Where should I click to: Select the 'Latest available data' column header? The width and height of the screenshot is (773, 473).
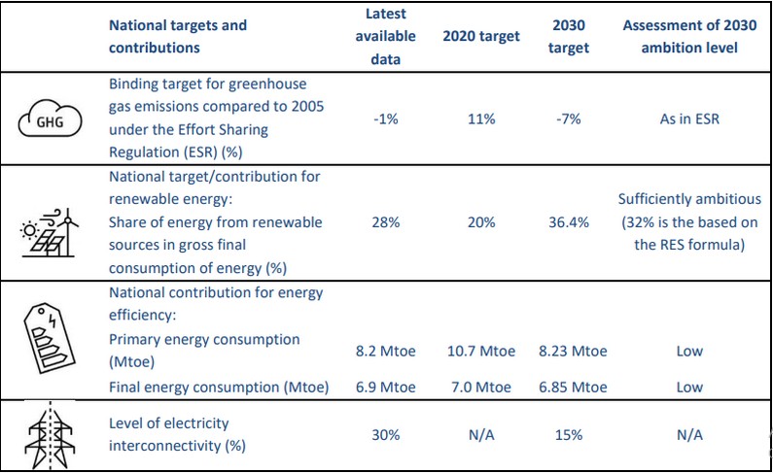click(x=386, y=36)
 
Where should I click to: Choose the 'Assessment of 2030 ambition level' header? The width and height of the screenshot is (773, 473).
click(x=688, y=36)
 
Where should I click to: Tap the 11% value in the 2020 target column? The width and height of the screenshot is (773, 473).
click(x=476, y=119)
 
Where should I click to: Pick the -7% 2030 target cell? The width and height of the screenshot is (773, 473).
click(x=569, y=119)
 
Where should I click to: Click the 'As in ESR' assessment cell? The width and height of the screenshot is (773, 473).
click(x=688, y=119)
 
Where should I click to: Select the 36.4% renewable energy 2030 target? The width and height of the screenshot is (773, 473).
click(x=569, y=222)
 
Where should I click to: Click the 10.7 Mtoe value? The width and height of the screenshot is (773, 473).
click(x=476, y=351)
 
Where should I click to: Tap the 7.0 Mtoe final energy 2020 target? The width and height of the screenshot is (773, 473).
click(x=476, y=388)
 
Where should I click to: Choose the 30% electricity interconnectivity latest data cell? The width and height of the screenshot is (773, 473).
click(x=386, y=434)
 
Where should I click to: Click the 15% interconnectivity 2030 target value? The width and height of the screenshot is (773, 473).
click(x=569, y=434)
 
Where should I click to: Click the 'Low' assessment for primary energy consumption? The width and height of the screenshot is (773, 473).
click(x=688, y=351)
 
